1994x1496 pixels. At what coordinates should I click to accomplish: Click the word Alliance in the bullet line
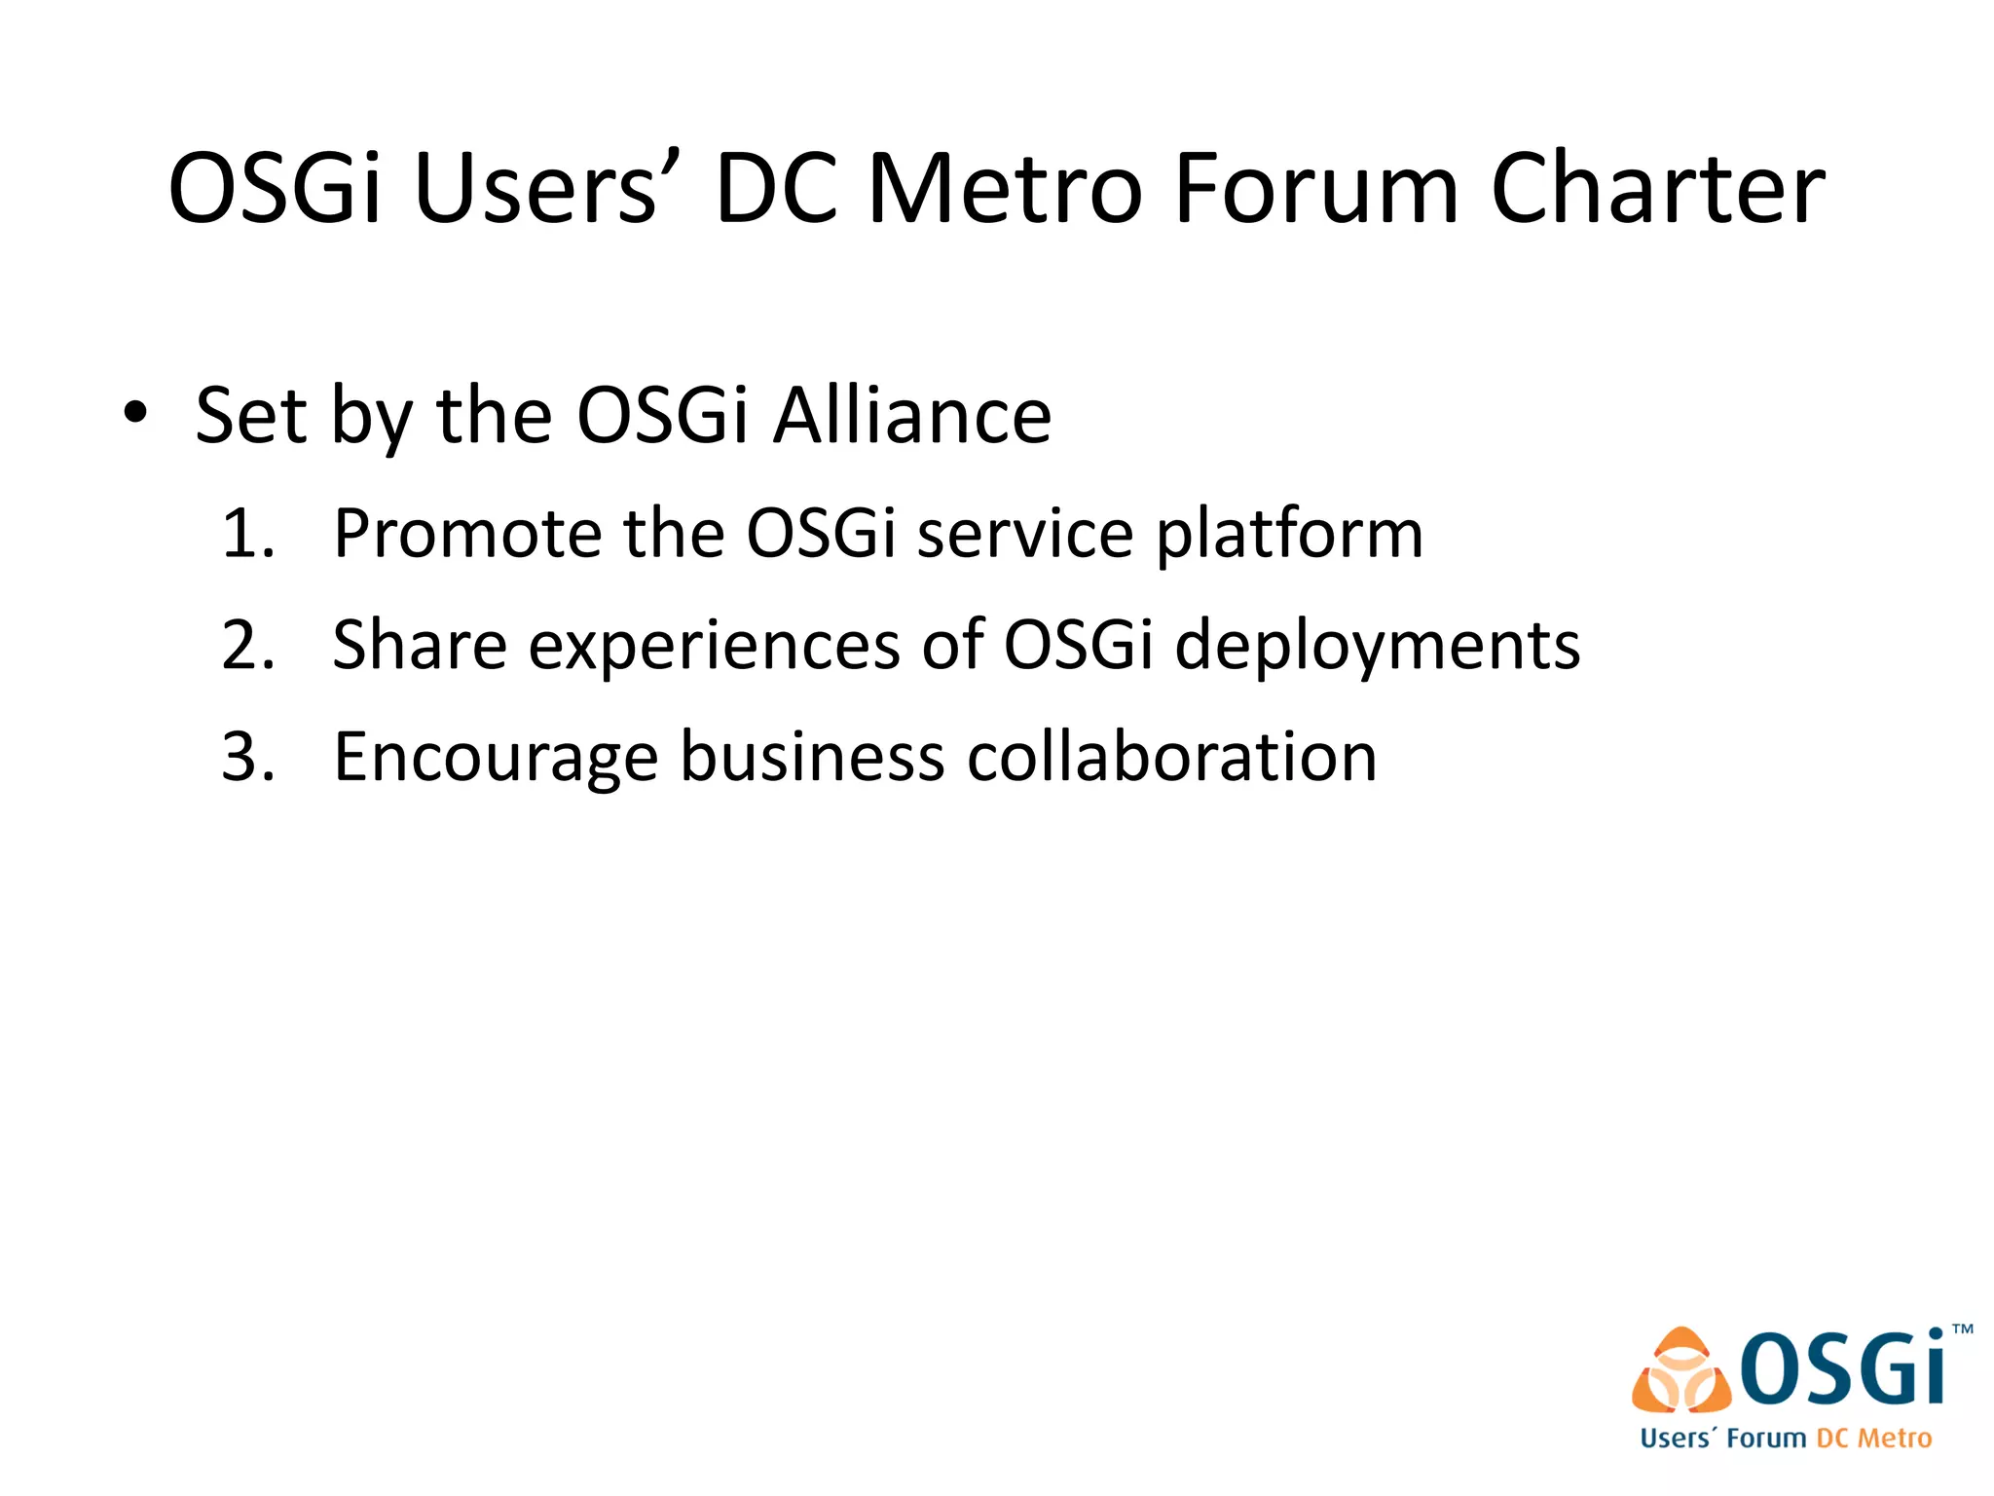[912, 416]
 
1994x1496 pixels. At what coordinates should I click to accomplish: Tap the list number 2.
[247, 645]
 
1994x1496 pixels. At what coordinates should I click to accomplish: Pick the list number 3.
[247, 757]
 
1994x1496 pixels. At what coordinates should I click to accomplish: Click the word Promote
[467, 534]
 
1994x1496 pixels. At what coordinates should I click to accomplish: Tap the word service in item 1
[1025, 534]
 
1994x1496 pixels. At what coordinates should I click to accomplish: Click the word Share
[420, 645]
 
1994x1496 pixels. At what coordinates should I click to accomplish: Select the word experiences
[715, 647]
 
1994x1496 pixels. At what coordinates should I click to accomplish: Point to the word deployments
[1378, 647]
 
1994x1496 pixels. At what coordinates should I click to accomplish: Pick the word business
[812, 757]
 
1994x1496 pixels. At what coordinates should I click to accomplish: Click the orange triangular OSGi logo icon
[1681, 1370]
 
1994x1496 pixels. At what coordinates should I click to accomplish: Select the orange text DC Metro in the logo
[1873, 1439]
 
